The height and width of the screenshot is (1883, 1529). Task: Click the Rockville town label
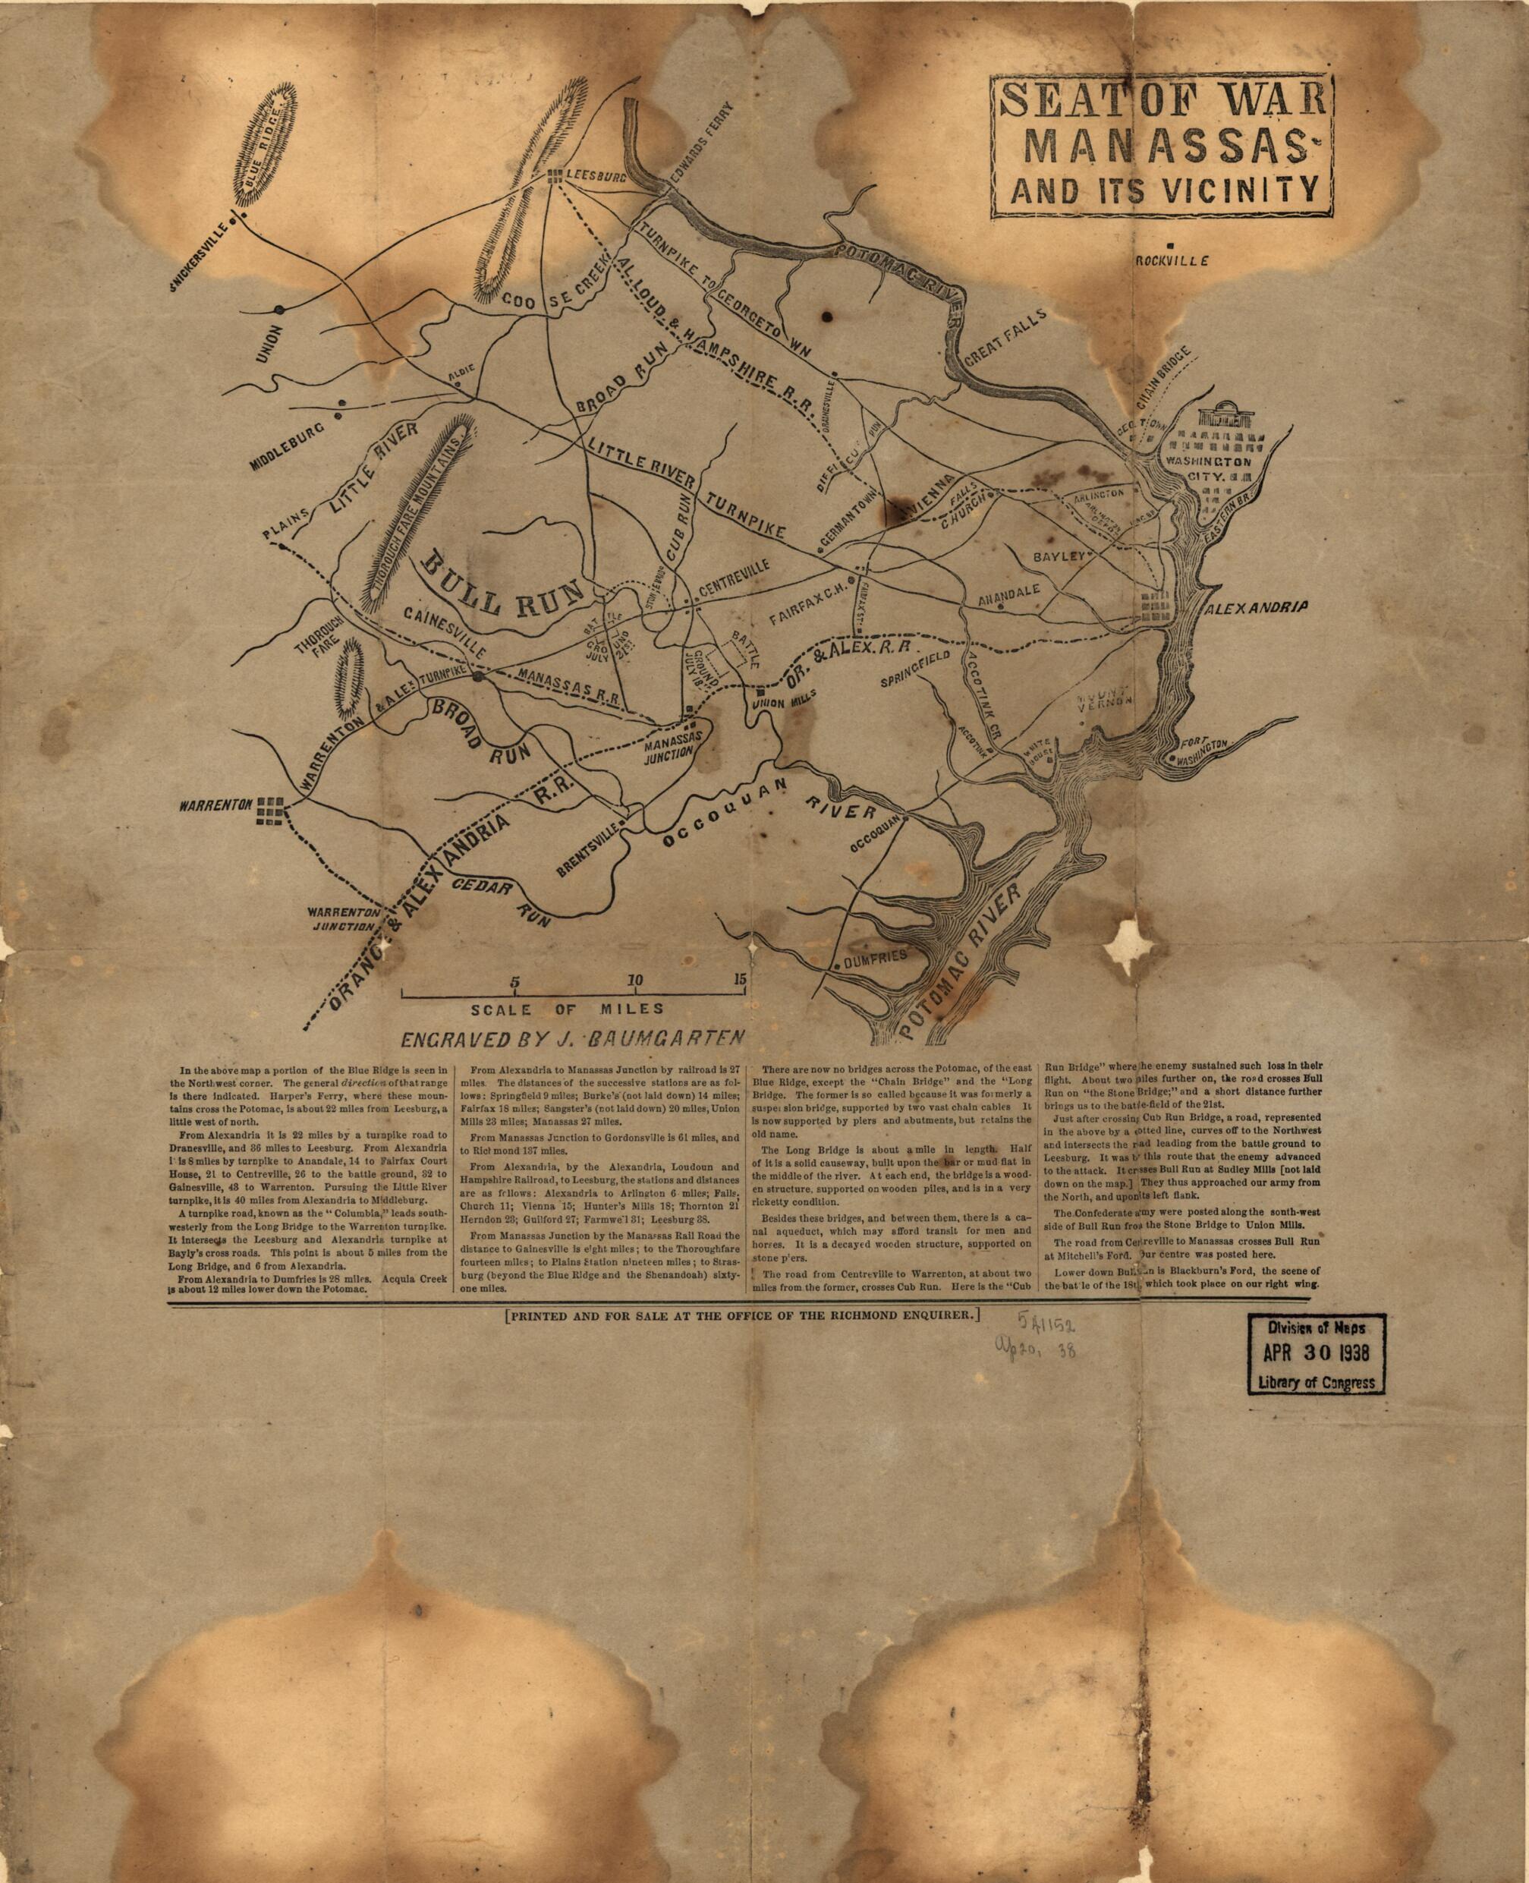point(1171,260)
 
